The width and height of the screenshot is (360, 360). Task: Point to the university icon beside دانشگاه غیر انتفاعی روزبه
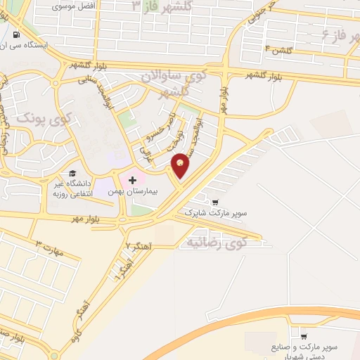[x=71, y=174]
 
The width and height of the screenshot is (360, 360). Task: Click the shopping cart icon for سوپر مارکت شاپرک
[x=214, y=201]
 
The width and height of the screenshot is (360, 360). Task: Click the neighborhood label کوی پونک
[x=34, y=118]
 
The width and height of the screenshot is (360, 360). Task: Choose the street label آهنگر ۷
[x=138, y=246]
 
